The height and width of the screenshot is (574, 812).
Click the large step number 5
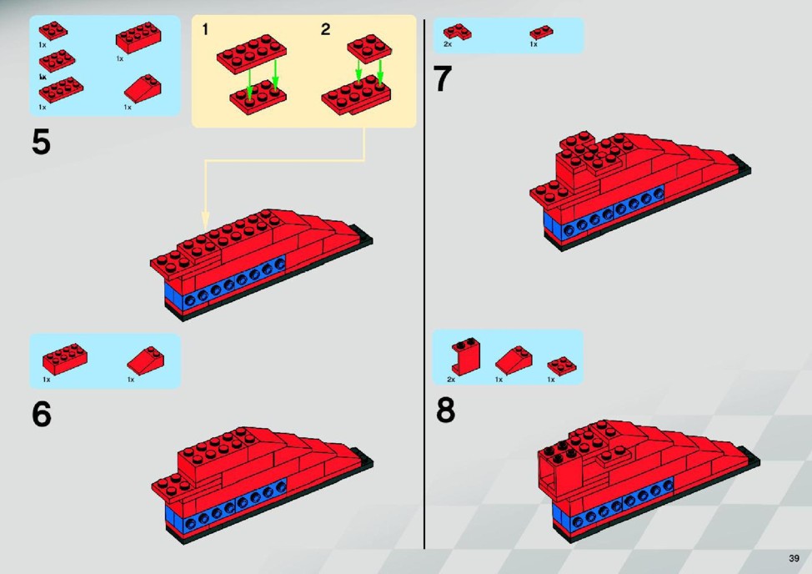pos(41,142)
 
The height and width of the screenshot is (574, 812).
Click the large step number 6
pos(42,415)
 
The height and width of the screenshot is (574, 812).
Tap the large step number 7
pos(442,78)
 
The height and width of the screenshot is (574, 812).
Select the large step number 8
pos(446,410)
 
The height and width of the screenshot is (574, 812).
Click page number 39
pos(794,558)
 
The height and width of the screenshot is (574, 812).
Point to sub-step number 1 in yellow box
pos(205,29)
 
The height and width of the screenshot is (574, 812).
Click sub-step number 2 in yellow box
pos(325,29)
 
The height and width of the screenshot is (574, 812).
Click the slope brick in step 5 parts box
pos(143,88)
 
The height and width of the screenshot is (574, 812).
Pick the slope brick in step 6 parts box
pos(146,360)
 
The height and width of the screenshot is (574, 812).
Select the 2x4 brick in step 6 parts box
pos(65,358)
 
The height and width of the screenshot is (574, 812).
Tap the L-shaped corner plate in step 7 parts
pos(457,32)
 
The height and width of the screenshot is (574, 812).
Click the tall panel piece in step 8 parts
pos(465,356)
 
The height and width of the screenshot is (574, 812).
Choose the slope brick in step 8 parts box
pos(514,360)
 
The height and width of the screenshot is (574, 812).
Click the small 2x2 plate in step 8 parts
pos(562,365)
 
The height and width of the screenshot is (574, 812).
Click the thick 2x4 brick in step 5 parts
pos(138,38)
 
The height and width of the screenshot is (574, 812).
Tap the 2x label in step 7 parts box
pos(448,44)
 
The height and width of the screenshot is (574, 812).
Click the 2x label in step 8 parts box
pos(451,380)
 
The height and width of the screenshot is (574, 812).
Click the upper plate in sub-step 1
pos(252,54)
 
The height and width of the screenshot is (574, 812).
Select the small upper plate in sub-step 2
pos(369,48)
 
